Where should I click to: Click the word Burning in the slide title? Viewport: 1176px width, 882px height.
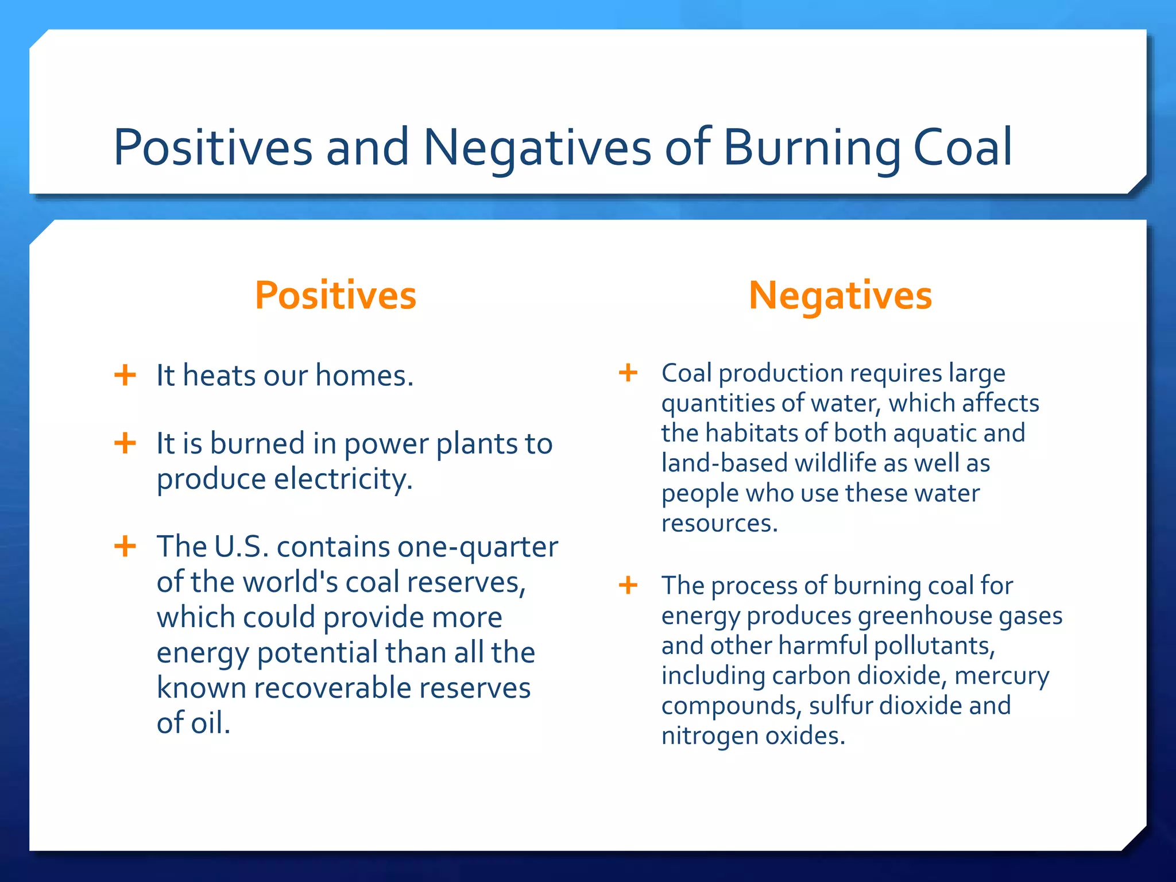811,148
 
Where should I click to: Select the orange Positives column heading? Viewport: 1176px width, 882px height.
335,296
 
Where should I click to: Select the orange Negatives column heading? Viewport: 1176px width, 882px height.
840,296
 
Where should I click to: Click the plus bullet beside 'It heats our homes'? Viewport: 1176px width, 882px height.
125,376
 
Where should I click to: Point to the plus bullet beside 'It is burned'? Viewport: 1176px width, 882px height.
125,443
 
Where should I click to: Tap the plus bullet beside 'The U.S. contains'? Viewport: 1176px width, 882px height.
125,546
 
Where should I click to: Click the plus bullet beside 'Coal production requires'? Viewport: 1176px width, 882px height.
628,373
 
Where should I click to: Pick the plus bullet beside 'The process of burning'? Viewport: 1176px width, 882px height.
628,585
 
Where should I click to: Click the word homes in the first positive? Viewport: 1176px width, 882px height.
363,376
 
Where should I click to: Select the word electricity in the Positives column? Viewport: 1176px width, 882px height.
343,479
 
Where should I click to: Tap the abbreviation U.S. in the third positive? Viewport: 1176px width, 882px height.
241,546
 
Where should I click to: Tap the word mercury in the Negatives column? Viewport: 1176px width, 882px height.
1001,676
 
